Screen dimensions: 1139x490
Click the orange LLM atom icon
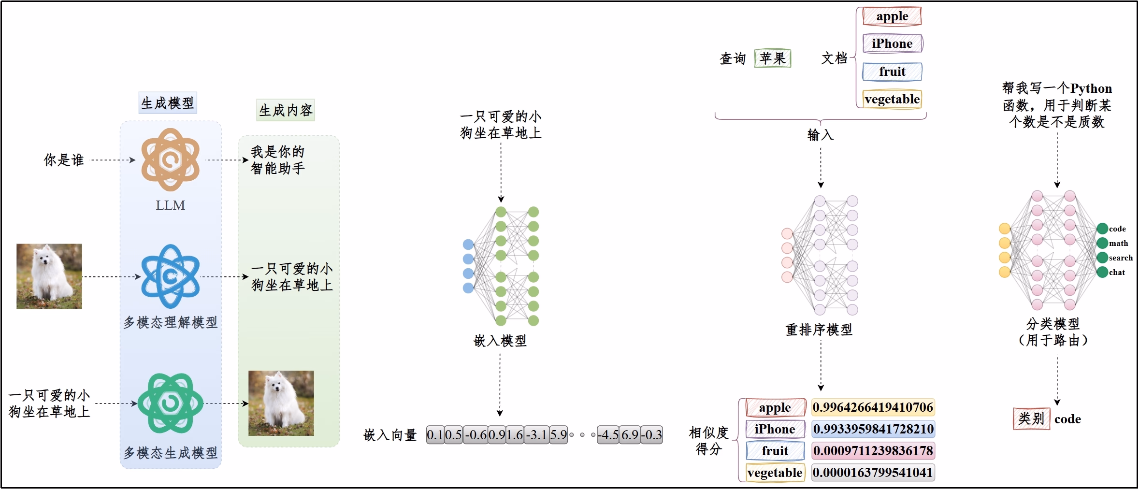170,159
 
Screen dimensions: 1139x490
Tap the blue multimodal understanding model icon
170,276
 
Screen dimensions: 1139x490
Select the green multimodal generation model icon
170,403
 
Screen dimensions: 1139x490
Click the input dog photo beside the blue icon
49,276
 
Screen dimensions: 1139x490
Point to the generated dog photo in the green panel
281,403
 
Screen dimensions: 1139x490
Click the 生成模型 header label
168,103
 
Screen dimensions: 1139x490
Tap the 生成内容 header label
286,110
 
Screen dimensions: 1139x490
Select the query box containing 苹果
772,58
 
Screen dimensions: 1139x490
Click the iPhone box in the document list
892,43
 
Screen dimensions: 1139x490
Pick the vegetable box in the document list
892,99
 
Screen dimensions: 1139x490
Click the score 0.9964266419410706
873,407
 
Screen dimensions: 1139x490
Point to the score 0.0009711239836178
873,451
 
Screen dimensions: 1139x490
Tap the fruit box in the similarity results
775,451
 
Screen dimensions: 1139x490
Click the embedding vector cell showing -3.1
536,435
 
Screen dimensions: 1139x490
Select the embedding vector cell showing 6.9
630,435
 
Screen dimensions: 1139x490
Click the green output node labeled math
1102,243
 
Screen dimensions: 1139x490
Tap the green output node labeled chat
1102,272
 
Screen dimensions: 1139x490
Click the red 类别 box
1031,418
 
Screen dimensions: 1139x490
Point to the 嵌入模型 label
500,341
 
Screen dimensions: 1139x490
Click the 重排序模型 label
819,330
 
